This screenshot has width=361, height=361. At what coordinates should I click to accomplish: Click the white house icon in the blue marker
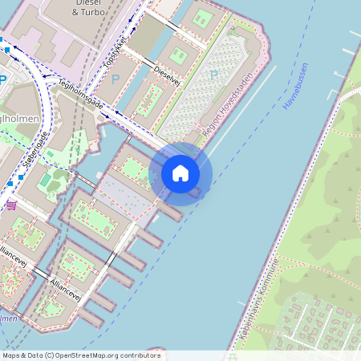180,173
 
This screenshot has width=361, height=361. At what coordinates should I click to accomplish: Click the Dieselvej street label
166,76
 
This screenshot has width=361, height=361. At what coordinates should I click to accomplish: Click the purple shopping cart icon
11,205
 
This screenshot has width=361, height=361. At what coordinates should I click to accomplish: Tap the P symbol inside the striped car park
213,75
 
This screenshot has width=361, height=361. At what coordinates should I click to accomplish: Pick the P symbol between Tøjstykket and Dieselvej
115,79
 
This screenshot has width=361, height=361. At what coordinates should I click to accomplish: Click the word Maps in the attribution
12,355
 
